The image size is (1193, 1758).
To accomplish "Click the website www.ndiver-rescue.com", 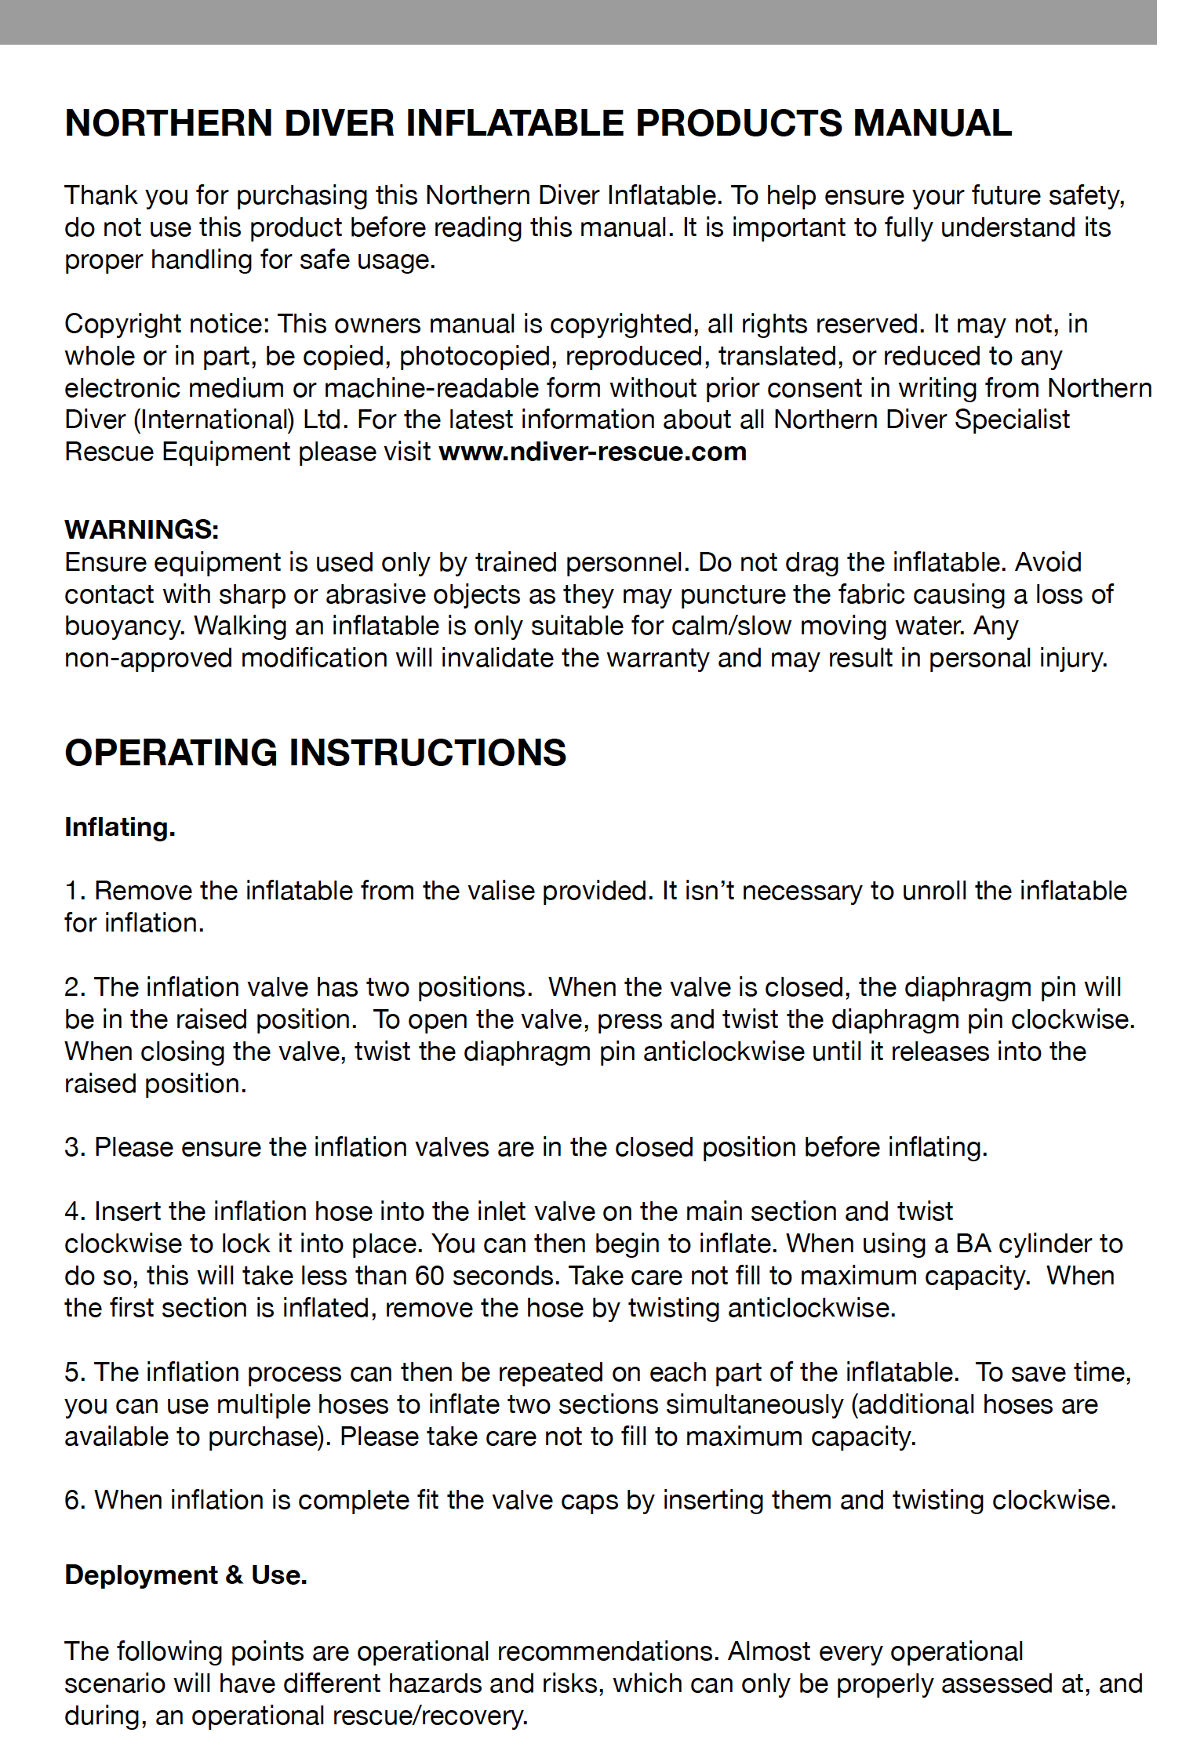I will pyautogui.click(x=592, y=452).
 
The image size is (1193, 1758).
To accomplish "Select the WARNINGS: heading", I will pyautogui.click(x=141, y=529).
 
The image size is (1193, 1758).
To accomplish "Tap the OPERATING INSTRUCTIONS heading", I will pyautogui.click(x=315, y=753).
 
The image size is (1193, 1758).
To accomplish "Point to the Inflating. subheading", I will pyautogui.click(x=120, y=827).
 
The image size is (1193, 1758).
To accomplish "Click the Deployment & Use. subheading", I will pyautogui.click(x=186, y=1575).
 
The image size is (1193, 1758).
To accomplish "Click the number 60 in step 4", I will pyautogui.click(x=430, y=1276).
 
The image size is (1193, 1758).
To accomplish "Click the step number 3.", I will pyautogui.click(x=74, y=1147).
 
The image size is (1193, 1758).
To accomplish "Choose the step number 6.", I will pyautogui.click(x=74, y=1500).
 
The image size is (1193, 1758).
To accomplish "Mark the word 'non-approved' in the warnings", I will pyautogui.click(x=148, y=658).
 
